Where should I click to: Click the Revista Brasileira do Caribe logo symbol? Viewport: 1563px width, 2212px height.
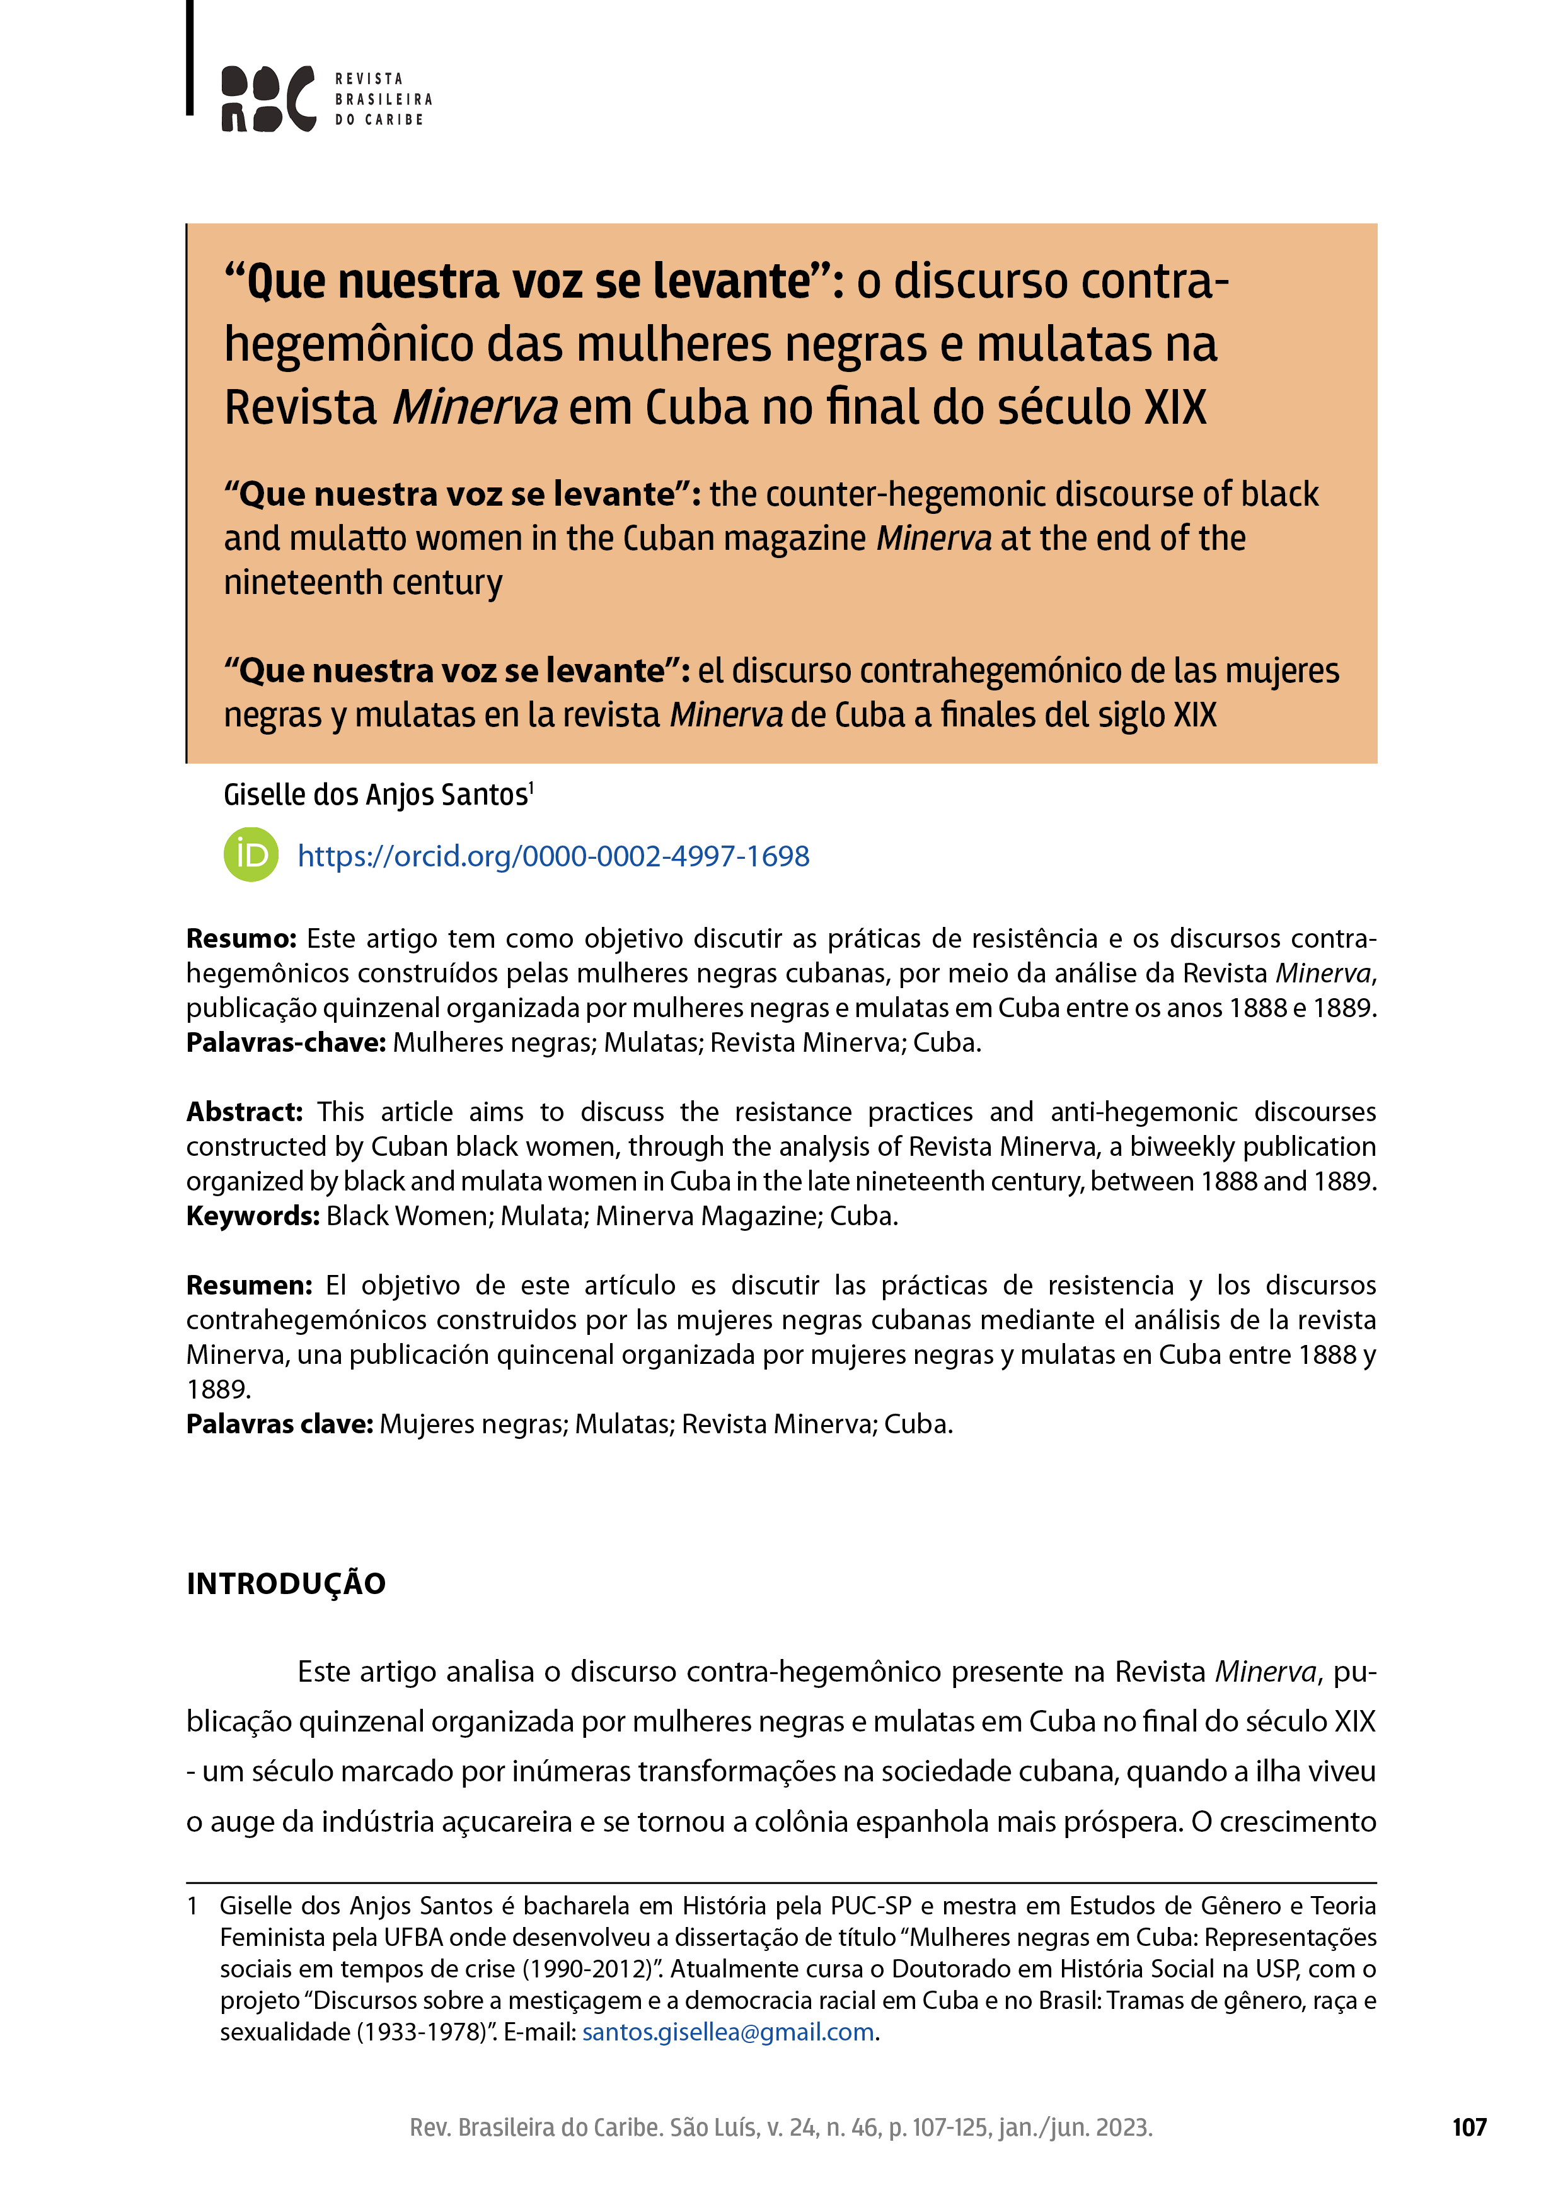click(268, 98)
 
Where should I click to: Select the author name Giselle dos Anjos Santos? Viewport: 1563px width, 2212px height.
click(376, 795)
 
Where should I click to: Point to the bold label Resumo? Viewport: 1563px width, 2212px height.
click(241, 938)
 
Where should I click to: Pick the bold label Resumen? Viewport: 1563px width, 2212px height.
click(248, 1285)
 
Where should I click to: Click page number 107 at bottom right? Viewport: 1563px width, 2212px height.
click(1468, 2128)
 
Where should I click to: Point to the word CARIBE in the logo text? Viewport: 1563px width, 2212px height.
click(394, 119)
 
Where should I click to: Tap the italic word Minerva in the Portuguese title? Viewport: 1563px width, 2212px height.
click(475, 407)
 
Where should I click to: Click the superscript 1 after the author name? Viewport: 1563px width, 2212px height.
click(531, 787)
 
